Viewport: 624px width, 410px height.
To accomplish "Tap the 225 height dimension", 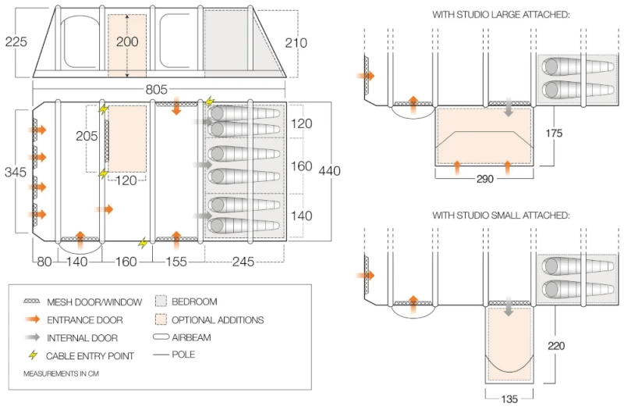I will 16,41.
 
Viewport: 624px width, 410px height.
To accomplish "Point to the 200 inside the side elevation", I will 127,42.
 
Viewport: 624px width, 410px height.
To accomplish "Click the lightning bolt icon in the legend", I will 33,355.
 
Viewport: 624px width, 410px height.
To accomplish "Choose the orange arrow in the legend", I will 32,319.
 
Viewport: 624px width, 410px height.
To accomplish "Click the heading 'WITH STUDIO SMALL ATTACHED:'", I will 501,215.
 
